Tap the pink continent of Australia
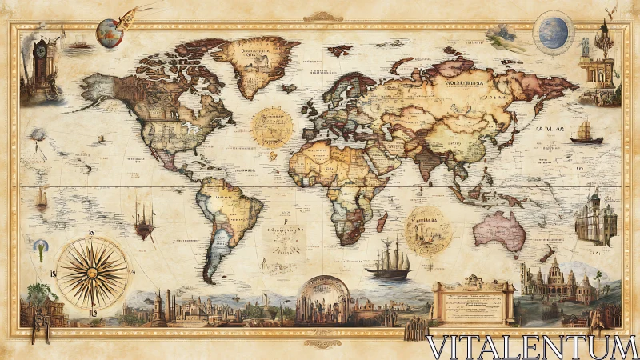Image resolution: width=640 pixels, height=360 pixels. pos(499,230)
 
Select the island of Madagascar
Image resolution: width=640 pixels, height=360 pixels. pos(382,221)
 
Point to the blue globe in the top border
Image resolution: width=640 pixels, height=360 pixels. pos(553,32)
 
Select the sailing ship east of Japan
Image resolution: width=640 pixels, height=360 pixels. pos(586,133)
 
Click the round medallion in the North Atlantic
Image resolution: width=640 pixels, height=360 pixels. pos(272,126)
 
